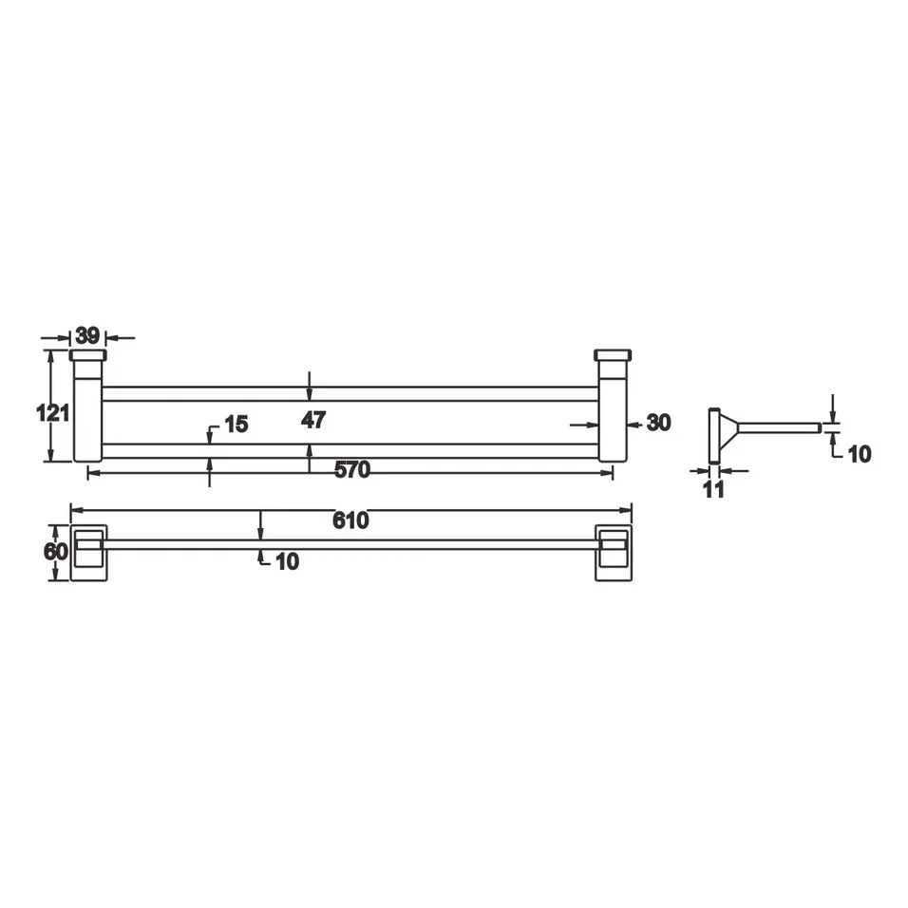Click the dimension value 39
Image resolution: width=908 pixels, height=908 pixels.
tap(88, 335)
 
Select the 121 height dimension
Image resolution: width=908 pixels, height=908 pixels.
tap(53, 413)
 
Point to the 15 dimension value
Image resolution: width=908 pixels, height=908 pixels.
tap(236, 424)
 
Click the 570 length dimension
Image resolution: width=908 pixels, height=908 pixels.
tap(351, 470)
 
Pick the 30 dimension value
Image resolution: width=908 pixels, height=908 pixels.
tap(658, 423)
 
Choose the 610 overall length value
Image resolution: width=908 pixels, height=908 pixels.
tap(350, 520)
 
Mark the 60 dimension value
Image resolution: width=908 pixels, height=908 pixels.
tap(56, 552)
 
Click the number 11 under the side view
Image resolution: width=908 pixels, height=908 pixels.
tap(713, 489)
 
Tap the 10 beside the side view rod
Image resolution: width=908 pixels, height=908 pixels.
tap(859, 454)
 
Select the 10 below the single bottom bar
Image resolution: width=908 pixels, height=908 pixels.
tap(286, 561)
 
